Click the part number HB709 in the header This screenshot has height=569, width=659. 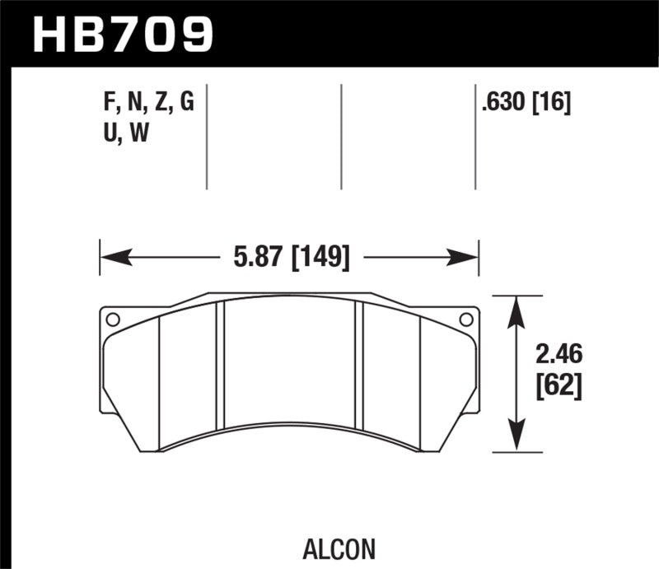tap(121, 34)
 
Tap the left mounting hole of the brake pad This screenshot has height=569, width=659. tap(113, 319)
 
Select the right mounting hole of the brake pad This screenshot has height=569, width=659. tap(465, 319)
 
